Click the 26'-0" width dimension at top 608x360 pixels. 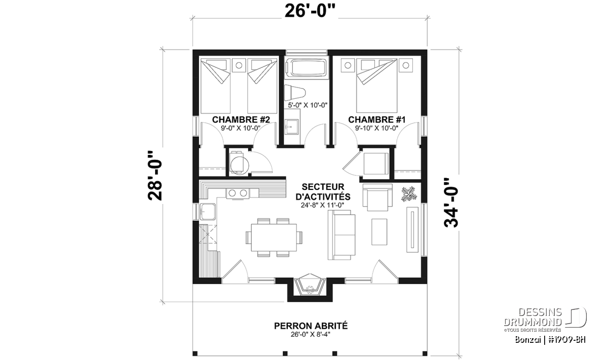pyautogui.click(x=310, y=12)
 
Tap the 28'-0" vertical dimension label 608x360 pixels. pyautogui.click(x=155, y=176)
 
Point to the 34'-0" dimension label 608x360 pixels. pyautogui.click(x=451, y=203)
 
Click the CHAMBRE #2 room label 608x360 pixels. pyautogui.click(x=241, y=119)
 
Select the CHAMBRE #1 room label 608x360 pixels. pyautogui.click(x=377, y=119)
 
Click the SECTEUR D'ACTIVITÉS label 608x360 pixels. pyautogui.click(x=323, y=192)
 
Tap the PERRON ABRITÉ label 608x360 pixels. pyautogui.click(x=311, y=326)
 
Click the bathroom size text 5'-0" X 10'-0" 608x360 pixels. pyautogui.click(x=308, y=105)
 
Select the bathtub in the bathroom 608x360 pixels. pyautogui.click(x=307, y=68)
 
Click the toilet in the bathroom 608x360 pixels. pyautogui.click(x=295, y=93)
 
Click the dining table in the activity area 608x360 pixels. pyautogui.click(x=274, y=237)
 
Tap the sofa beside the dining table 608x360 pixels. pyautogui.click(x=341, y=235)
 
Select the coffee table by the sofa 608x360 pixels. pyautogui.click(x=379, y=232)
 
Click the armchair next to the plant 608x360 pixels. pyautogui.click(x=377, y=197)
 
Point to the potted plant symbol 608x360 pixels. pyautogui.click(x=408, y=194)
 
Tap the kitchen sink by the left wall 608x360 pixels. pyautogui.click(x=208, y=211)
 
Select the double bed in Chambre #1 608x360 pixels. pyautogui.click(x=377, y=85)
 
